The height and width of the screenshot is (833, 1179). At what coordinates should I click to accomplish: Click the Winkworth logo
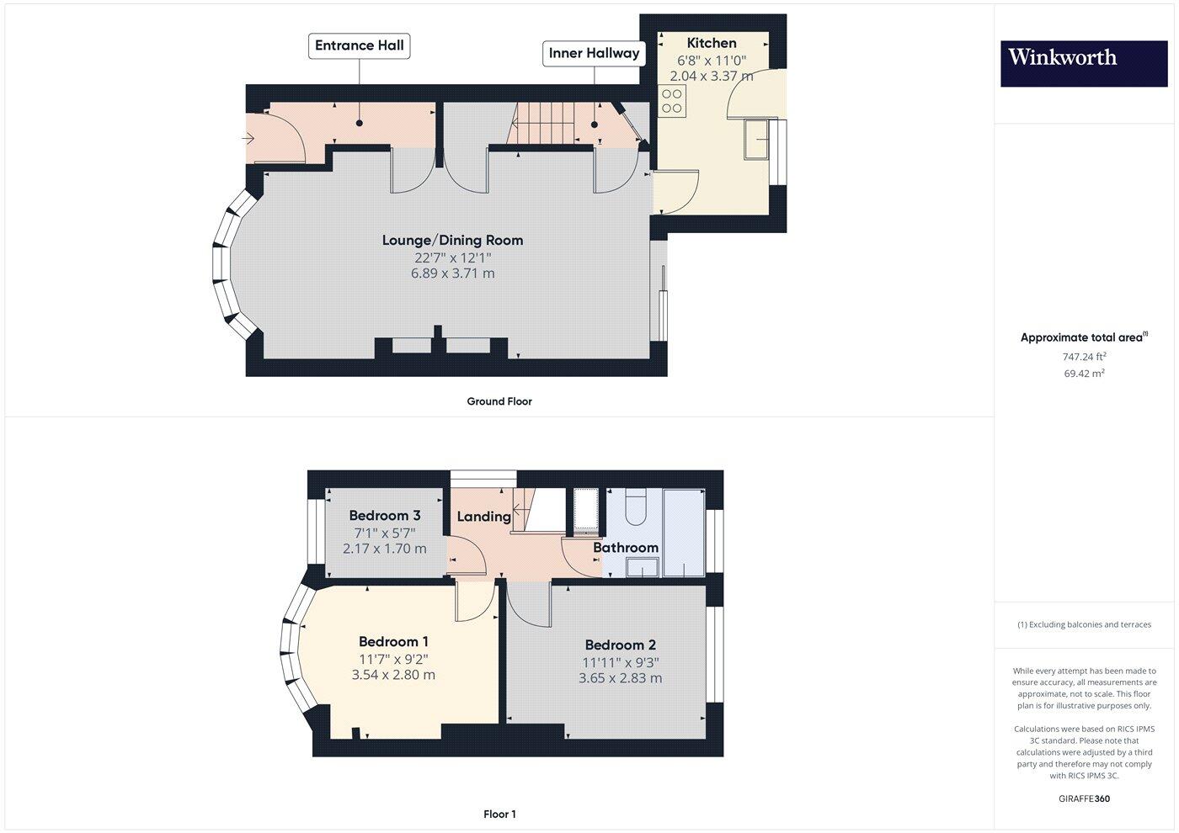click(x=1083, y=63)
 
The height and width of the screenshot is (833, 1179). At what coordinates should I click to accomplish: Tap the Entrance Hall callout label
click(x=360, y=45)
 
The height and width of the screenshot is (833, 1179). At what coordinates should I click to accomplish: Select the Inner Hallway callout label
click(x=594, y=53)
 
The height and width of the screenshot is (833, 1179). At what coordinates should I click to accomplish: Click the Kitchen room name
click(x=712, y=43)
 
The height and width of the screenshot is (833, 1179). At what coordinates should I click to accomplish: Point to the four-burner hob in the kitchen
click(x=672, y=102)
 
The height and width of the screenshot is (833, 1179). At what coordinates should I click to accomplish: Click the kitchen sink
click(x=759, y=139)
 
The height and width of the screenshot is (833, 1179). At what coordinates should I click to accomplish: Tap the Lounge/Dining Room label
click(x=452, y=240)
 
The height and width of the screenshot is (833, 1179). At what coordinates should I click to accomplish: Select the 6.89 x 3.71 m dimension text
click(x=452, y=273)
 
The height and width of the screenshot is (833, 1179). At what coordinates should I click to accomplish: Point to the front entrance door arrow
click(x=250, y=137)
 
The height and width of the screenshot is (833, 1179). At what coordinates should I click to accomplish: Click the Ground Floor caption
click(x=499, y=401)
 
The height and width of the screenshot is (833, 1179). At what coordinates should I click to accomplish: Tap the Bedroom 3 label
click(x=385, y=516)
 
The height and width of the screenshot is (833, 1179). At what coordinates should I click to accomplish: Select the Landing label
click(x=483, y=516)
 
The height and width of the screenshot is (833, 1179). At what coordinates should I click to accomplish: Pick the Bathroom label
click(x=626, y=548)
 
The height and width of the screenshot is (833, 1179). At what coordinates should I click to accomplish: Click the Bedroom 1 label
click(x=393, y=642)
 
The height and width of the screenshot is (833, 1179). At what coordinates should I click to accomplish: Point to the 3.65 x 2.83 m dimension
click(x=620, y=678)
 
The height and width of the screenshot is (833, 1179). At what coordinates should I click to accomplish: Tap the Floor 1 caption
click(x=499, y=814)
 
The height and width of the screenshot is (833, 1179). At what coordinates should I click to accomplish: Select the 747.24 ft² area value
click(x=1084, y=357)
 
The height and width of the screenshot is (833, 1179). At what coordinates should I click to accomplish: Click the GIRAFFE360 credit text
click(x=1084, y=799)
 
